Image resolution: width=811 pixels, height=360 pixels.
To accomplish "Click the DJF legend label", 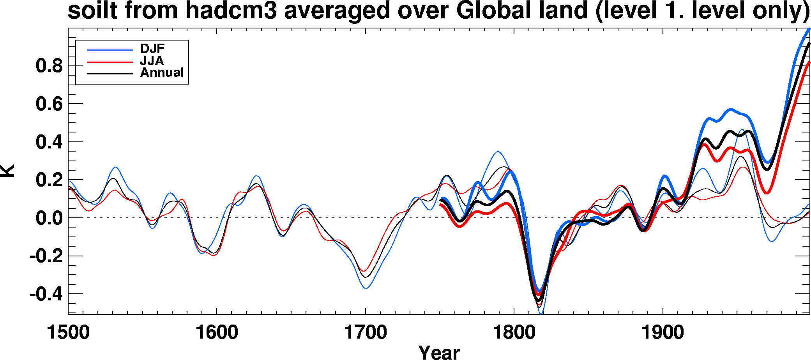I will pos(152,49).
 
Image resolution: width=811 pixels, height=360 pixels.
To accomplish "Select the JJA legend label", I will pos(152,61).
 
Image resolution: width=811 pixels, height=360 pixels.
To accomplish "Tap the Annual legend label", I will pos(162,72).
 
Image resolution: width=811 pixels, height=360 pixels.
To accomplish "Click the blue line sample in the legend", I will pos(110,50).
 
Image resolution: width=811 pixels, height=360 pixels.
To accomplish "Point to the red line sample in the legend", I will pos(110,62).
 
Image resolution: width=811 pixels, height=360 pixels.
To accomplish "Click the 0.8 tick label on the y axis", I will pos(49,66).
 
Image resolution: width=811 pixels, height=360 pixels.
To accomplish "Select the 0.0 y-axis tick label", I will pos(49,218).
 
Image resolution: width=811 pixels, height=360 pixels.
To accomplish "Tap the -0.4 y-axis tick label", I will pos(46,294).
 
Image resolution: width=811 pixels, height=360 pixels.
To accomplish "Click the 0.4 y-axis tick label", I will pos(49,142).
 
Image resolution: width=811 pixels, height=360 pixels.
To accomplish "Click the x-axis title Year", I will pos(439,352).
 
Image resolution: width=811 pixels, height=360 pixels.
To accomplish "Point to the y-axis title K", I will pos(8,171).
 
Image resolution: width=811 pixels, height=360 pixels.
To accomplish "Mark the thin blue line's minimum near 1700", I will pos(366,288).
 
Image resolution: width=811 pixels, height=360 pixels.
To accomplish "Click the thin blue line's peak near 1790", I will pos(498,152).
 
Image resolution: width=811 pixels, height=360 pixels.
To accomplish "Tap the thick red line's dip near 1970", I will pos(767,193).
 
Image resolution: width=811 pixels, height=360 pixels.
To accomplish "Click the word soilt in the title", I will pos(92,11).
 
